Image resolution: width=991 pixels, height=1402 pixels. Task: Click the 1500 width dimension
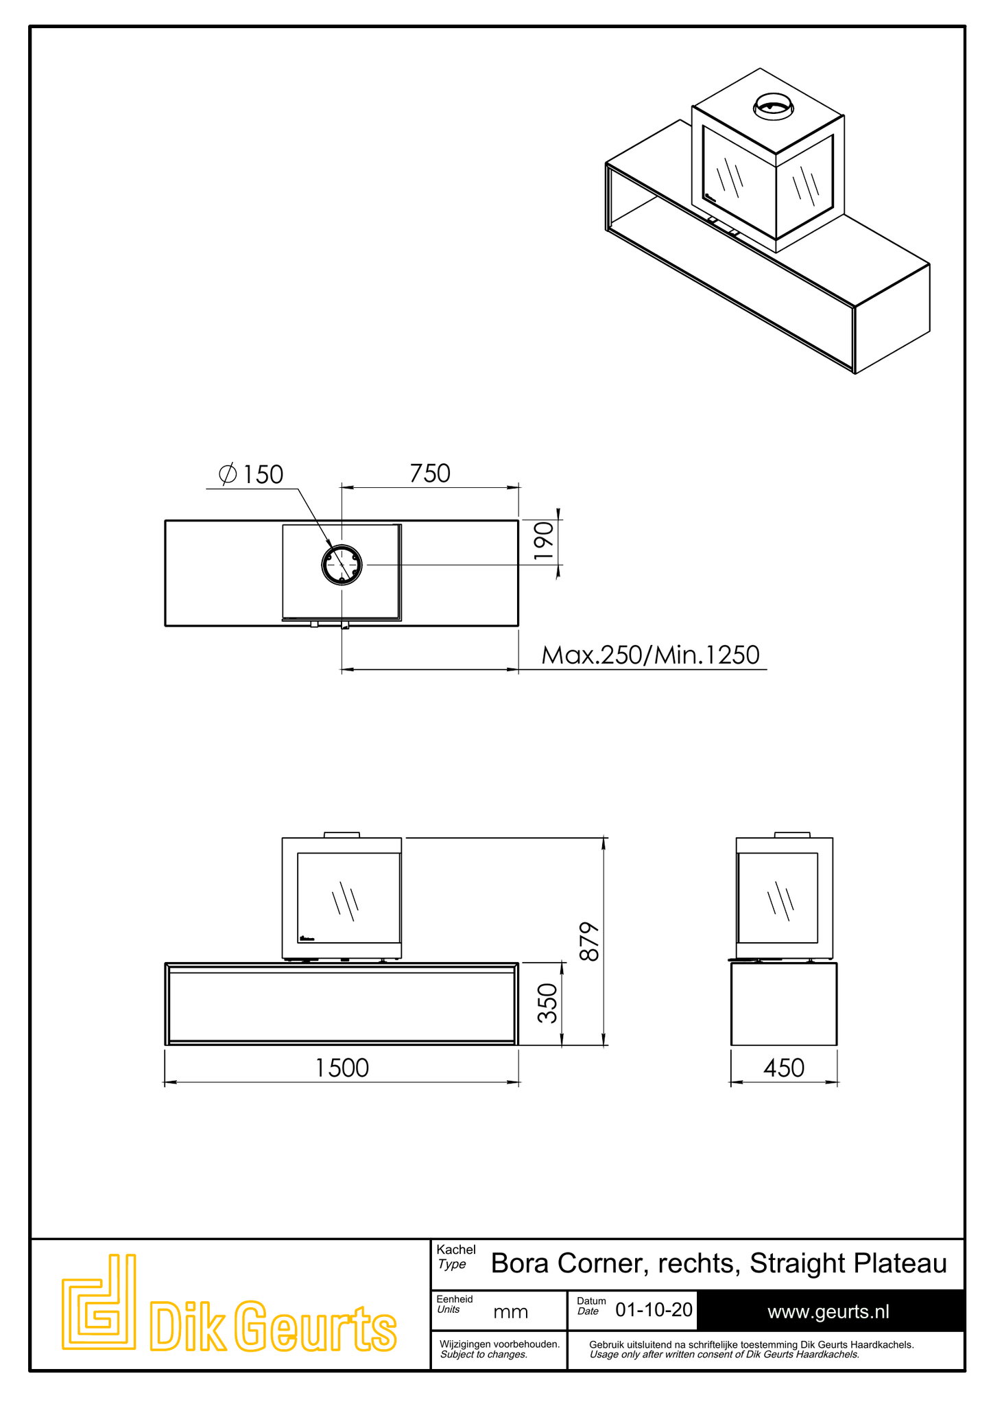click(342, 1068)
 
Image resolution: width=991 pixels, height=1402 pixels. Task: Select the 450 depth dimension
click(783, 1068)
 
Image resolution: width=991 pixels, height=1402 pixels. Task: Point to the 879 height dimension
click(590, 942)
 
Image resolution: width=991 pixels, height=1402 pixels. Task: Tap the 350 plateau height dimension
click(547, 1003)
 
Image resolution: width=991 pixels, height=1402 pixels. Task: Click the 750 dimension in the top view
click(430, 474)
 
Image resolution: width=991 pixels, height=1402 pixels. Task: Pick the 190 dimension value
click(543, 542)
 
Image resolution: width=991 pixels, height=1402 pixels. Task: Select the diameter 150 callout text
click(251, 474)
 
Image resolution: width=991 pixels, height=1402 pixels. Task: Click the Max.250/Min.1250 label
click(650, 655)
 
